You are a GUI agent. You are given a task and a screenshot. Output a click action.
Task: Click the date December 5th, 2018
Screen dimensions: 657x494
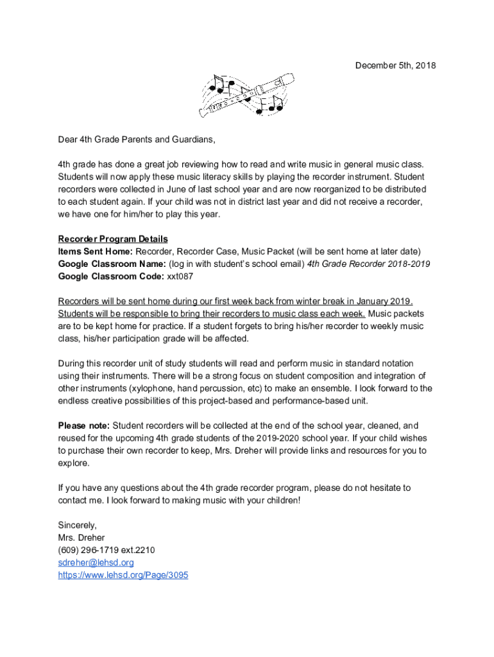pos(387,65)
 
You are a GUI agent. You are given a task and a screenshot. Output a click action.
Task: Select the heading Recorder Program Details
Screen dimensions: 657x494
pos(113,239)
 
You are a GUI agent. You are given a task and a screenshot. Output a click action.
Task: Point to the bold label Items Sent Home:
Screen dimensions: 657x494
pos(96,252)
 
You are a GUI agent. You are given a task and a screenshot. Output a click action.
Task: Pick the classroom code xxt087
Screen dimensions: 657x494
pos(180,277)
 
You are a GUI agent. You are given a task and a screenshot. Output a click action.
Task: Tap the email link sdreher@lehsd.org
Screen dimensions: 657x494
pos(96,563)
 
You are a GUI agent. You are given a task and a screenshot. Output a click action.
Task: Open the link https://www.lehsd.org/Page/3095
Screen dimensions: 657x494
pos(123,576)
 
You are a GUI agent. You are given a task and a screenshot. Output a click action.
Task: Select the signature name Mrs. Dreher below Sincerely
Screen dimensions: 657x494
pos(81,538)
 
